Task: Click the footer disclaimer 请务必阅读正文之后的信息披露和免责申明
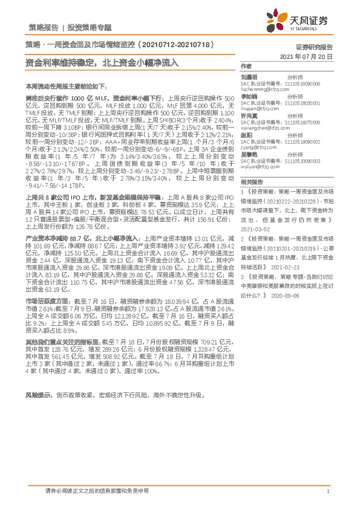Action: coord(97,491)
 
